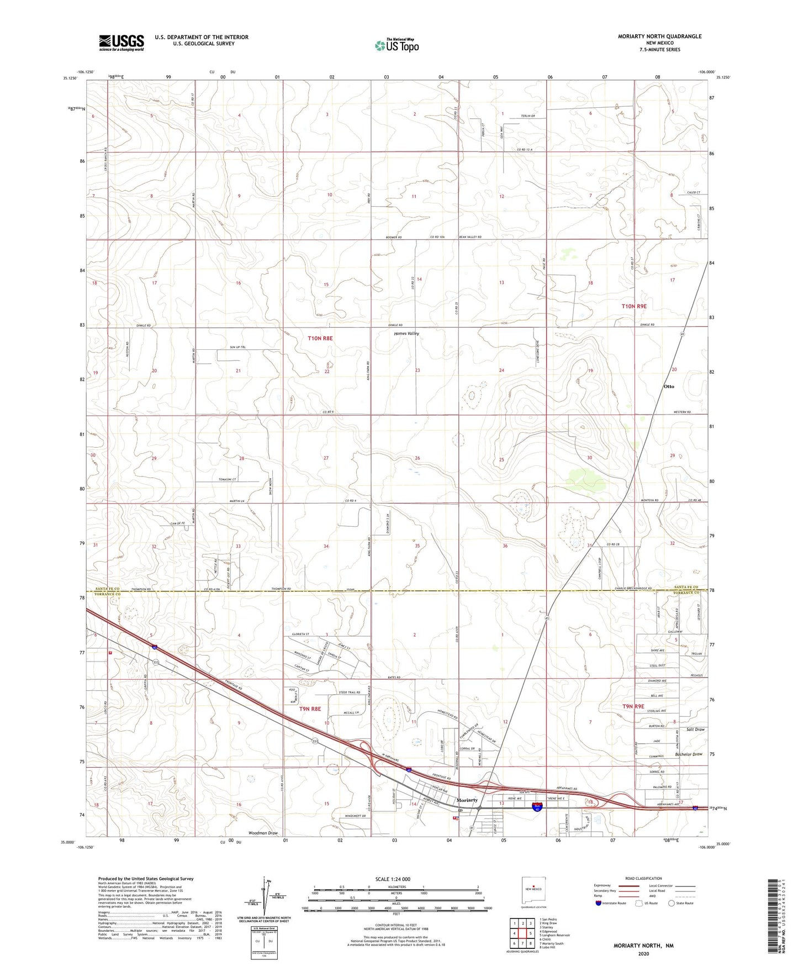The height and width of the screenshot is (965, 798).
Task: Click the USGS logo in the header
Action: click(x=121, y=43)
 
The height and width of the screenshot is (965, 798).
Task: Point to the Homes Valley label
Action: click(x=406, y=334)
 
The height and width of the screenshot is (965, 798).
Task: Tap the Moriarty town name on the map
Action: click(x=467, y=800)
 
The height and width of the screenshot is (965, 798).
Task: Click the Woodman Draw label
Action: click(x=263, y=833)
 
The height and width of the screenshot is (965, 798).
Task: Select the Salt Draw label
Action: click(x=695, y=730)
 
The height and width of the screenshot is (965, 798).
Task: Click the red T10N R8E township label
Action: click(x=320, y=338)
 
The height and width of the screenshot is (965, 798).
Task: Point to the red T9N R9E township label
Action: click(x=633, y=706)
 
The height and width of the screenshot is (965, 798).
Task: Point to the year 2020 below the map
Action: click(x=643, y=953)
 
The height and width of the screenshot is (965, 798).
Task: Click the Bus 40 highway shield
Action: click(x=538, y=807)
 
